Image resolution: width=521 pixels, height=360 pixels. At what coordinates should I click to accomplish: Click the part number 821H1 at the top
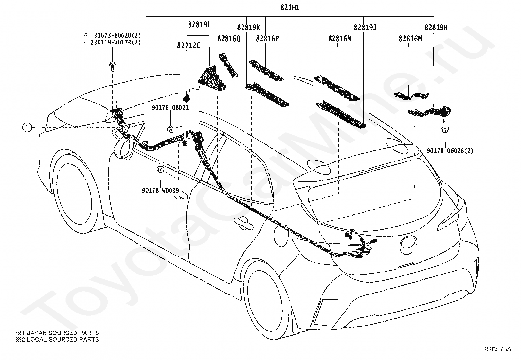[x=290, y=8]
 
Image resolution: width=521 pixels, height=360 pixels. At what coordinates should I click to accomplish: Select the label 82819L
[x=200, y=25]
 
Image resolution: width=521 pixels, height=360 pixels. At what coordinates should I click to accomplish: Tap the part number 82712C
[x=189, y=46]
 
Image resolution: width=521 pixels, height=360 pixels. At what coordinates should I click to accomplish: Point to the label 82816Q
[x=229, y=38]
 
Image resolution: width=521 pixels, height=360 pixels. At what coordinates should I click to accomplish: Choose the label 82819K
[x=249, y=28]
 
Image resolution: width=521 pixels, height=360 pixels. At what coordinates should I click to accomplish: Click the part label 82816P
[x=267, y=38]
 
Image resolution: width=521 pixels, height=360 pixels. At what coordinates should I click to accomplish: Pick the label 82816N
[x=340, y=38]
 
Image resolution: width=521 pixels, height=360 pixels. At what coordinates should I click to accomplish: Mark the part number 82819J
[x=366, y=28]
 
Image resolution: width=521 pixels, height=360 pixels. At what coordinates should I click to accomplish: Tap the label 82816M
[x=410, y=38]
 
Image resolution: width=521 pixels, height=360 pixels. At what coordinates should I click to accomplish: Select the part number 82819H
[x=436, y=28]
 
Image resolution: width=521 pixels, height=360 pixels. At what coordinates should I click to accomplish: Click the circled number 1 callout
[x=27, y=128]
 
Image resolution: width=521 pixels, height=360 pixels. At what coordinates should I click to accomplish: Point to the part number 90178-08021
[x=170, y=108]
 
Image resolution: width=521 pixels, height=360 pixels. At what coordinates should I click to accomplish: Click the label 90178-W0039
[x=160, y=191]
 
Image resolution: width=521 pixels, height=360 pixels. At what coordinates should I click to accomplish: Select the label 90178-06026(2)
[x=450, y=151]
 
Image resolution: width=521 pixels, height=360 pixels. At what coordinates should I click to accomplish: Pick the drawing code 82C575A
[x=498, y=349]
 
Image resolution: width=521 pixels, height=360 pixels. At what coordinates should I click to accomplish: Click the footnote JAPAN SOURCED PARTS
[x=57, y=333]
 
